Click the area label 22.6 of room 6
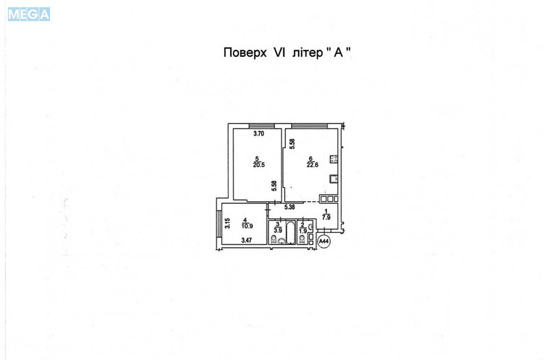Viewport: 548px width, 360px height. (313, 165)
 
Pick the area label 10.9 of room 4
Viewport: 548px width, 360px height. (245, 225)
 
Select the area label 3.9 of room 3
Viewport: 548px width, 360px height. (277, 230)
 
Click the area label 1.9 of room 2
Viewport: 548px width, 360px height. (303, 230)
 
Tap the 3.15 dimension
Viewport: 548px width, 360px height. (226, 222)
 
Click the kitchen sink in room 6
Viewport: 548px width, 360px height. (333, 180)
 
